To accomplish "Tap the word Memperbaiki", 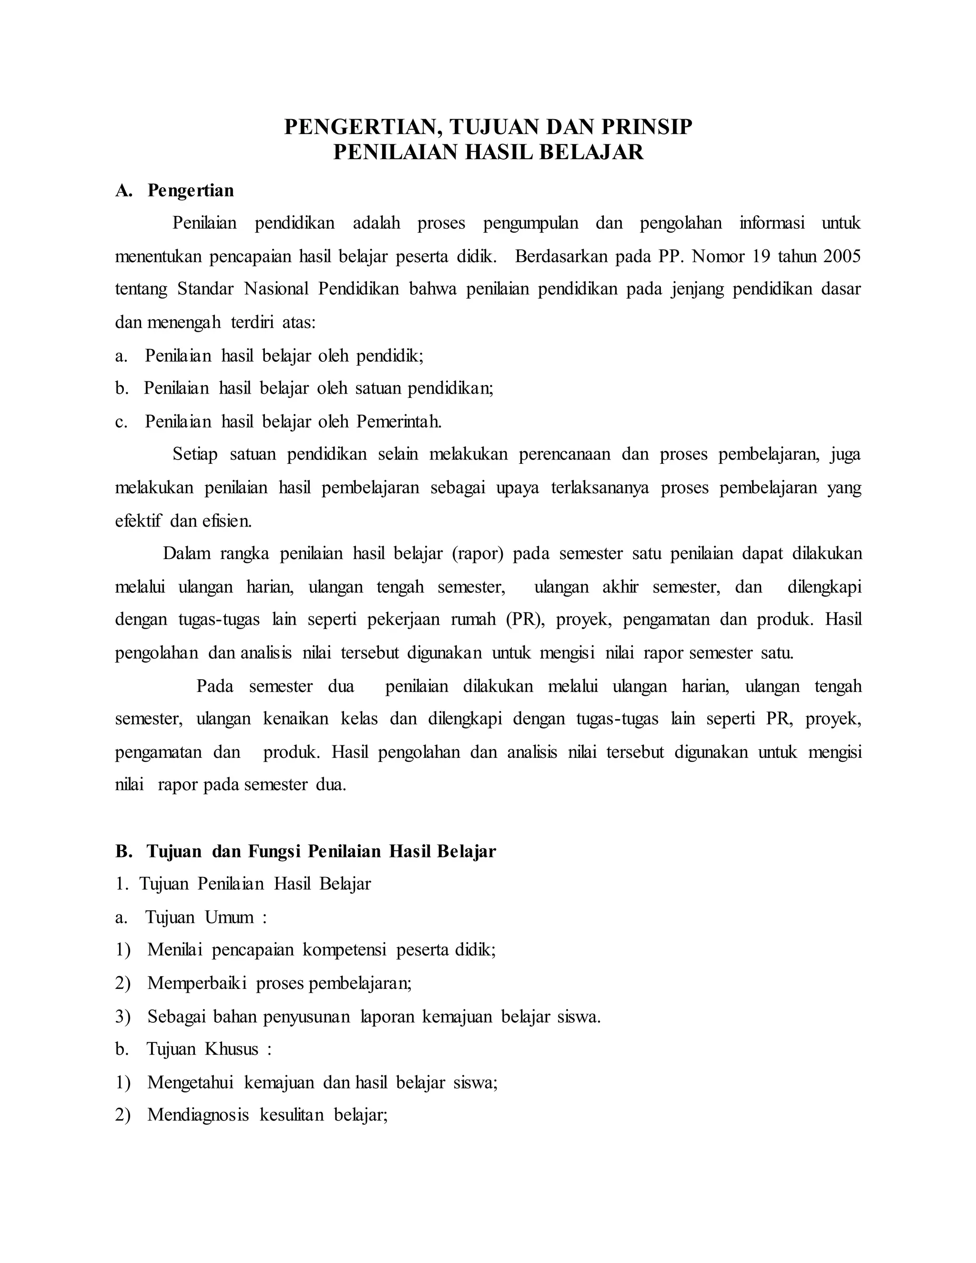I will click(x=197, y=983).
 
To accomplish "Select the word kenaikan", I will click(x=295, y=719).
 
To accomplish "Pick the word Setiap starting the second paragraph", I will click(x=195, y=455).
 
